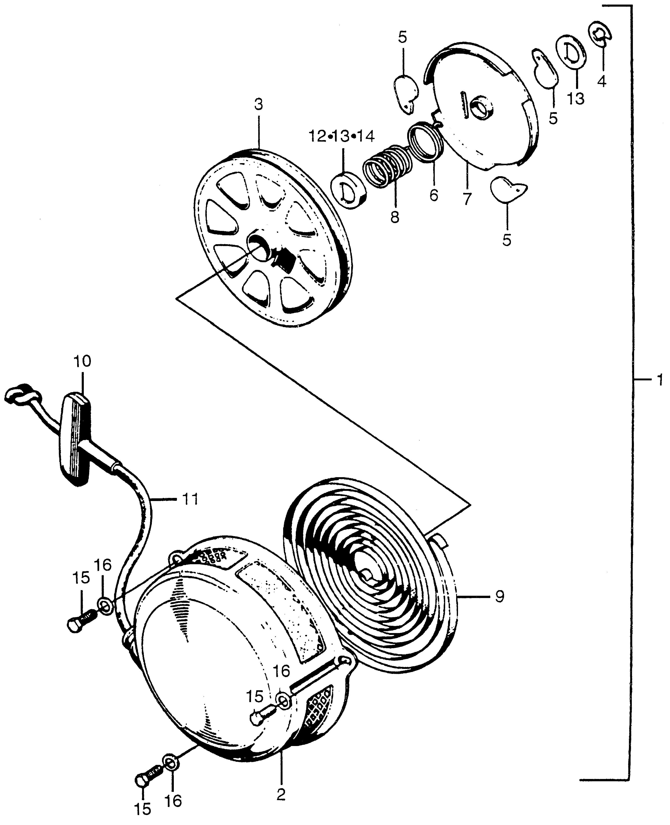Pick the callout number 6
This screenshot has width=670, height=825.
click(x=434, y=195)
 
